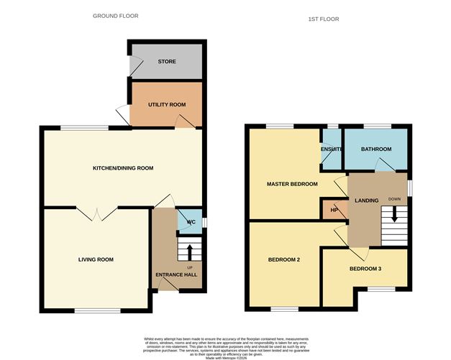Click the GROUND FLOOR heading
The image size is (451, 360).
[x=116, y=15]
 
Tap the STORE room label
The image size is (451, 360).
[x=167, y=62]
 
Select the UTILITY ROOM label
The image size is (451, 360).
[x=167, y=104]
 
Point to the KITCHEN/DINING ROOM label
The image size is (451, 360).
[x=123, y=168]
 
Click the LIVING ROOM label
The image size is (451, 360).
[x=96, y=259]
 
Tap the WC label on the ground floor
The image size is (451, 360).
[x=191, y=222]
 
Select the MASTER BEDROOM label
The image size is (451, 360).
[x=292, y=184]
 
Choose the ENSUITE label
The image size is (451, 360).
[x=332, y=149]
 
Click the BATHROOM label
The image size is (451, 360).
[x=376, y=149]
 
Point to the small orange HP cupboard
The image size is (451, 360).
[x=334, y=210]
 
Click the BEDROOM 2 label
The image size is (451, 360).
[x=283, y=259]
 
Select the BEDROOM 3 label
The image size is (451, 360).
[x=365, y=268]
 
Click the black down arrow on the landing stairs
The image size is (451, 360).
[x=393, y=214]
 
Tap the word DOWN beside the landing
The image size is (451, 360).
[x=394, y=198]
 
